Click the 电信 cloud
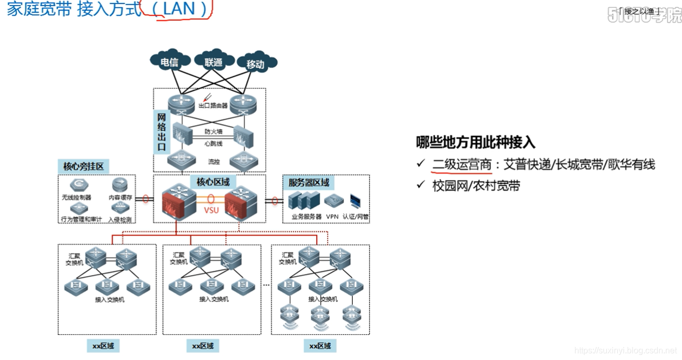[169, 62]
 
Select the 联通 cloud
[214, 62]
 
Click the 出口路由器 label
[213, 105]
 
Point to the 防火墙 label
[213, 132]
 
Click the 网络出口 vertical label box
[162, 131]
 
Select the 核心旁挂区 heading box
[83, 167]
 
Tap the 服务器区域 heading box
[309, 183]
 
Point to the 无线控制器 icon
[79, 185]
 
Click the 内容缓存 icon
[119, 185]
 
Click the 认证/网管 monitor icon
[356, 200]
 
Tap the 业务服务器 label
[307, 216]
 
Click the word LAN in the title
[179, 9]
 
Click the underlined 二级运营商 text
[462, 164]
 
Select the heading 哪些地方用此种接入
[475, 142]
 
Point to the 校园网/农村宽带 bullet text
[476, 185]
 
